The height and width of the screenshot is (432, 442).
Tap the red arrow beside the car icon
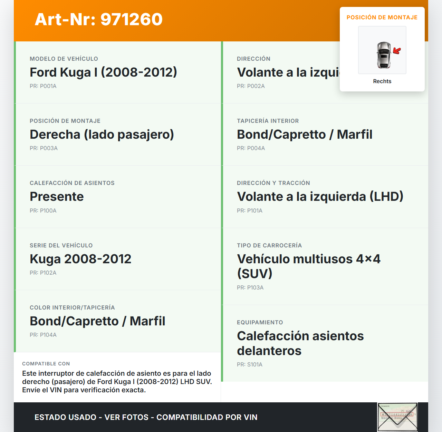(x=397, y=51)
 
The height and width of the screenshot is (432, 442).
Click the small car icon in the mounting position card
(x=383, y=55)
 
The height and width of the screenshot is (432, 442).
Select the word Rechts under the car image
(x=382, y=81)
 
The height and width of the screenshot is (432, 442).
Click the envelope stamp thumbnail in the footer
(x=397, y=417)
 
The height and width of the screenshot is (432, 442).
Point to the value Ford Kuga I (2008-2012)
(x=103, y=72)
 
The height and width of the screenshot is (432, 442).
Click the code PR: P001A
(x=43, y=86)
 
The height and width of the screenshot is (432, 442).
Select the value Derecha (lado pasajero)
(x=102, y=135)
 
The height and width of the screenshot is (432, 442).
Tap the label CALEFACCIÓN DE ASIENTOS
(x=72, y=183)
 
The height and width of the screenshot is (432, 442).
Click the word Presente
(x=57, y=197)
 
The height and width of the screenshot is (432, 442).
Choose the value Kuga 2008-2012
(x=80, y=259)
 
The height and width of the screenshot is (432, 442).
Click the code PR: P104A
(x=43, y=335)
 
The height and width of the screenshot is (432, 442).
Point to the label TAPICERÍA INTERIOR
(x=268, y=121)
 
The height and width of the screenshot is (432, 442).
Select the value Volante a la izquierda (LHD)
(x=320, y=197)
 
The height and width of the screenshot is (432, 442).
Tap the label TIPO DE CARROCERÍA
(x=269, y=246)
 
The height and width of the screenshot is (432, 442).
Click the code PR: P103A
(x=250, y=288)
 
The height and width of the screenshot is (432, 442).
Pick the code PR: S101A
(x=250, y=365)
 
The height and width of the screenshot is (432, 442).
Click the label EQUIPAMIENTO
(x=260, y=323)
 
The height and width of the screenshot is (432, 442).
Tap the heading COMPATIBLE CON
(x=46, y=364)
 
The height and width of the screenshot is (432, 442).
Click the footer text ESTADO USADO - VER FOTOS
(x=92, y=418)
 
